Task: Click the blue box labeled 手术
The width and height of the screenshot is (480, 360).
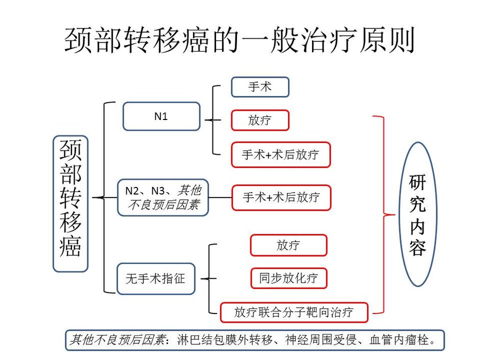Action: pyautogui.click(x=260, y=87)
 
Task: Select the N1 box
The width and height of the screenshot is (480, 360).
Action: pyautogui.click(x=161, y=116)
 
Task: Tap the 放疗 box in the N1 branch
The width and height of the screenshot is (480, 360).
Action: pyautogui.click(x=260, y=120)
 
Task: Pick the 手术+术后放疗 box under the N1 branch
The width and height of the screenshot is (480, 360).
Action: pyautogui.click(x=281, y=155)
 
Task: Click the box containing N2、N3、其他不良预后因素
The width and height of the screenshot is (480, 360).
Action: pyautogui.click(x=163, y=198)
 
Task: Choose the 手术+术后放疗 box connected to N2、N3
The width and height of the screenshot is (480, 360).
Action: pyautogui.click(x=281, y=198)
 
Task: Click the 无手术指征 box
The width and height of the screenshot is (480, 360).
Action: pyautogui.click(x=156, y=279)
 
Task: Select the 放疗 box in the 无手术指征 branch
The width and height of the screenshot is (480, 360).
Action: pyautogui.click(x=289, y=245)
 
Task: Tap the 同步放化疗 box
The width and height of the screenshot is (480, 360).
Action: pyautogui.click(x=289, y=278)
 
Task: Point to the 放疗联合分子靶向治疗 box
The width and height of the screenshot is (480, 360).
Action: pyautogui.click(x=294, y=313)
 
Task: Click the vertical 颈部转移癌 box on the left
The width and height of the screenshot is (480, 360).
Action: pyautogui.click(x=70, y=204)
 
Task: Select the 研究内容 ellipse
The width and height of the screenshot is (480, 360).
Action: pyautogui.click(x=418, y=214)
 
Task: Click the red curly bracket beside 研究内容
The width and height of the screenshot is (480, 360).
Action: pyautogui.click(x=383, y=214)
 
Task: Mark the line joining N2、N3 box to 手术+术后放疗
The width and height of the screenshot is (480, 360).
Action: pyautogui.click(x=220, y=198)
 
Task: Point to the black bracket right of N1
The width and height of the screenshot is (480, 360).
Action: pyautogui.click(x=212, y=120)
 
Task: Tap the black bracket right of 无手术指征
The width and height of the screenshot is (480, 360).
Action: pyautogui.click(x=209, y=279)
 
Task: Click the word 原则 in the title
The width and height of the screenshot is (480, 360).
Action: pyautogui.click(x=387, y=40)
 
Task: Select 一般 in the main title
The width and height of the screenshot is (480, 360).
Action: pyautogui.click(x=270, y=40)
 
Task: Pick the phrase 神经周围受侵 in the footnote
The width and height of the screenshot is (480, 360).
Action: pyautogui.click(x=321, y=340)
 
